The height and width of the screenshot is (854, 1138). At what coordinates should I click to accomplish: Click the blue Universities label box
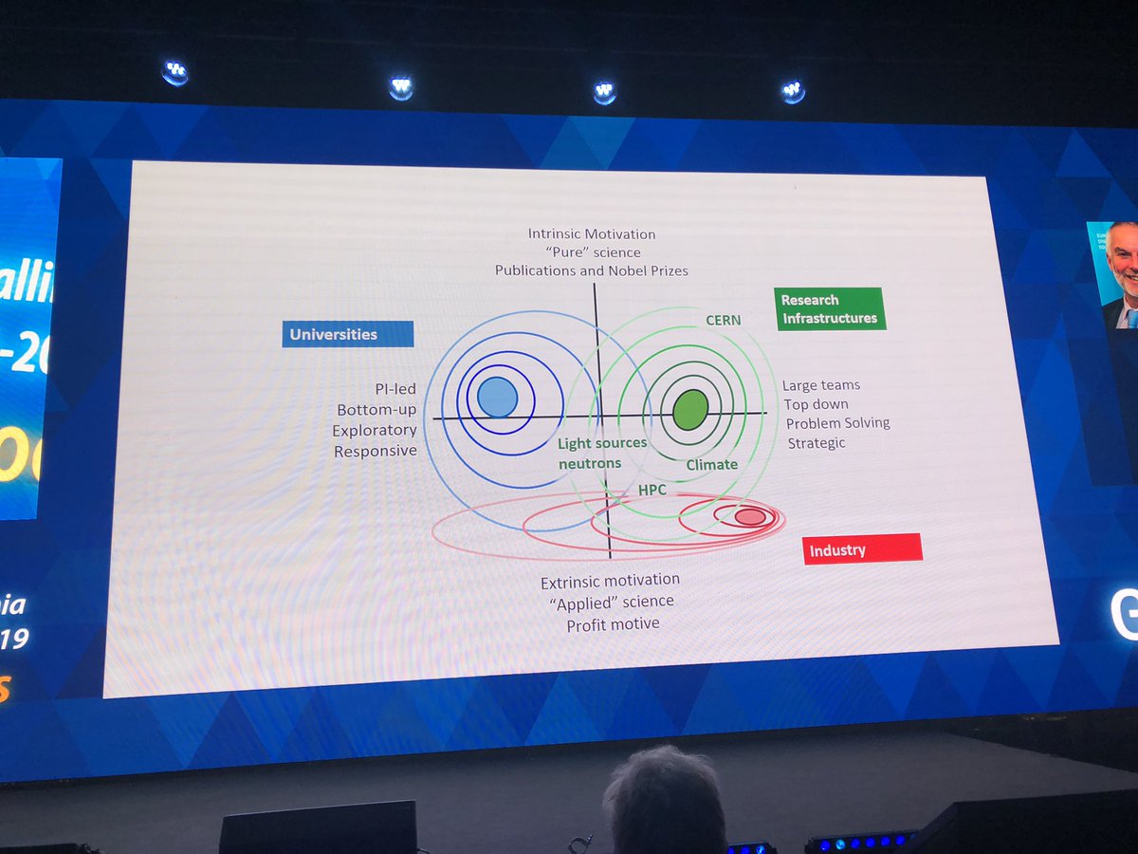point(347,334)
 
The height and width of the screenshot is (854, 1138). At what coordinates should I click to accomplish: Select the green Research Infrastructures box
point(829,309)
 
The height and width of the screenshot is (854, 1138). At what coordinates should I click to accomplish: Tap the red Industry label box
point(862,549)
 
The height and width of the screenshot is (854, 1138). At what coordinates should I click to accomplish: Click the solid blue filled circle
point(497,397)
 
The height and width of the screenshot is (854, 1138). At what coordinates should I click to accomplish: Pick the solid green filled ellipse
point(690,408)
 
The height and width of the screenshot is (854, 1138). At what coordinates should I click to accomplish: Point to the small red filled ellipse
point(750,516)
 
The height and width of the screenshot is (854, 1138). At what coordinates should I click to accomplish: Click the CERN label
point(723,321)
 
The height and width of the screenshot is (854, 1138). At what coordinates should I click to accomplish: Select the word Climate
point(711,464)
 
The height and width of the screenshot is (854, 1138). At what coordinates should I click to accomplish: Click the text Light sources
point(602,443)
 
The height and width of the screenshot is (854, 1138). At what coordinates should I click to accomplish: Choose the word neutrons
point(590,463)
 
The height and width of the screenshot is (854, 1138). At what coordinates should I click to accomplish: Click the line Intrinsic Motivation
point(592,233)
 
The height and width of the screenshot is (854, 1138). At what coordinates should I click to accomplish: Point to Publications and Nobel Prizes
point(592,270)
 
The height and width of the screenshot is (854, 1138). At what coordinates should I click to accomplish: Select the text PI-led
point(395,389)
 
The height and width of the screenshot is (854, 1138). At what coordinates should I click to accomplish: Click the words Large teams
point(821,385)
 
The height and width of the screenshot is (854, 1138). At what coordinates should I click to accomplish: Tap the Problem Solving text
point(838,423)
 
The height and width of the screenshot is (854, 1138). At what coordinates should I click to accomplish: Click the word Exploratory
point(375,431)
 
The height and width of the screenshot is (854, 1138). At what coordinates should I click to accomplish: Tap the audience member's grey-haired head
point(664,797)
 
